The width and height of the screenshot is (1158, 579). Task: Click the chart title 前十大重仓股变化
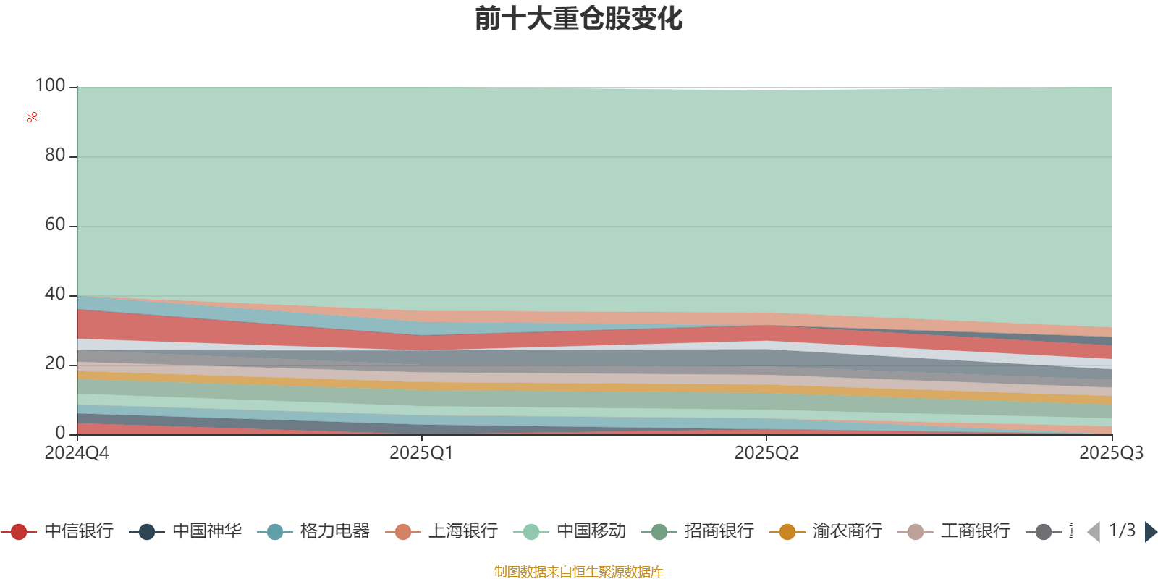(579, 19)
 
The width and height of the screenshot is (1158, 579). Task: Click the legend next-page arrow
(1151, 532)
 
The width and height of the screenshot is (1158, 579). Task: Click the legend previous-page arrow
(1094, 532)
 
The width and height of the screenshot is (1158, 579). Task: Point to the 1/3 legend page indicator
(1122, 531)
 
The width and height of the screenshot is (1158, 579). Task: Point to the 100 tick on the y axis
(51, 85)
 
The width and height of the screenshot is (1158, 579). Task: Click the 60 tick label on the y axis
(55, 224)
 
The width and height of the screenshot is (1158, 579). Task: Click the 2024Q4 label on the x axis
(77, 453)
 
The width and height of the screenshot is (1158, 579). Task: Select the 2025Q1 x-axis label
(421, 453)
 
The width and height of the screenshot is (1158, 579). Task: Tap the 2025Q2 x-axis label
(766, 453)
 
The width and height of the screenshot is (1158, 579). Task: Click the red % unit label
(32, 117)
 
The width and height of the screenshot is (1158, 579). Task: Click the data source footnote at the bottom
(578, 572)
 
